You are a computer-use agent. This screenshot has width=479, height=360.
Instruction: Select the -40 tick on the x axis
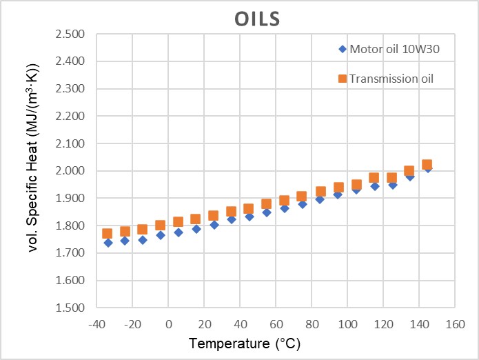98,323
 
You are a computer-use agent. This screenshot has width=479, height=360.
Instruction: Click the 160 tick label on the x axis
454,323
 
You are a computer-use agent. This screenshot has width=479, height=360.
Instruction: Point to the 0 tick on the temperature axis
169,323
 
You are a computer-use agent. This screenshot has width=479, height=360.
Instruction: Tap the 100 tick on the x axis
347,323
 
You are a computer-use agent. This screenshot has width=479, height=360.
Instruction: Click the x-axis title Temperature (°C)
245,343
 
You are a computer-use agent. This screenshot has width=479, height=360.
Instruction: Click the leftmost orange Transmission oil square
107,234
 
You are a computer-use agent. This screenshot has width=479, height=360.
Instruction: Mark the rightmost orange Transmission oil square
427,165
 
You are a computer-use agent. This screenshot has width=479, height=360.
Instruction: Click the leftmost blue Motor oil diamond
108,242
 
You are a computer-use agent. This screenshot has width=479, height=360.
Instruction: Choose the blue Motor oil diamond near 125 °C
392,184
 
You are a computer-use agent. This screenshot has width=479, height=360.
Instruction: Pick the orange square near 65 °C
284,201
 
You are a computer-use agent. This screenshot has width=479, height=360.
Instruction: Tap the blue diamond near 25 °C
214,224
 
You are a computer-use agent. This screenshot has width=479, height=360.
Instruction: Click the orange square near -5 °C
160,225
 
